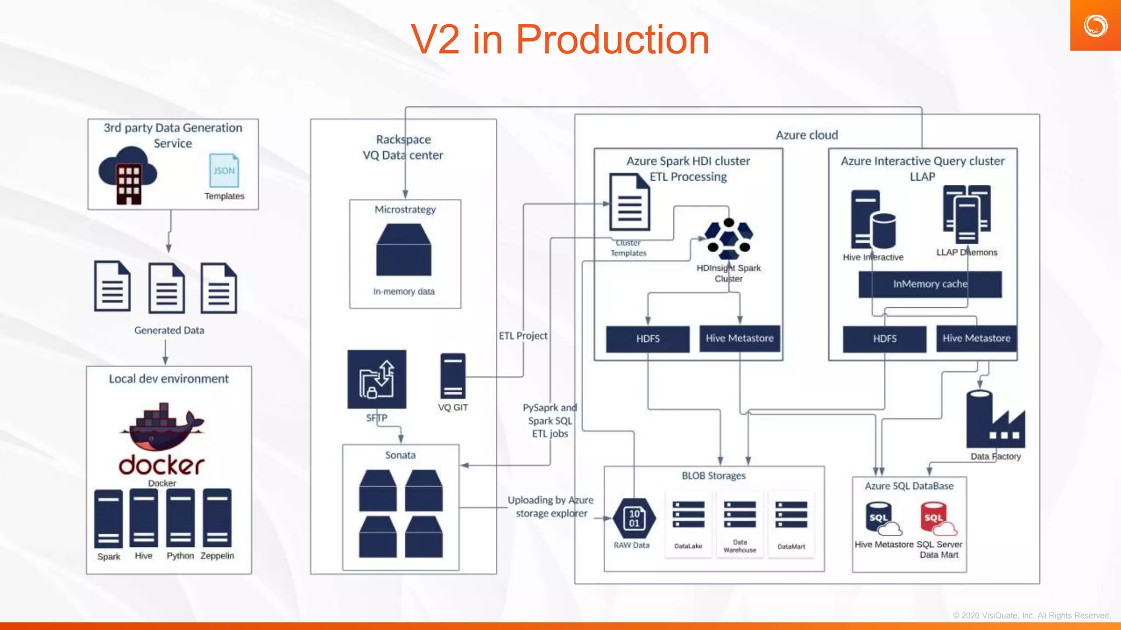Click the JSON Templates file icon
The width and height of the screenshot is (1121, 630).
(x=224, y=171)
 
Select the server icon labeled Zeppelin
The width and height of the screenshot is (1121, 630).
(x=217, y=518)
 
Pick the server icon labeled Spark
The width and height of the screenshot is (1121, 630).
(x=108, y=519)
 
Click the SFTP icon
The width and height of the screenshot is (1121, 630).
(x=377, y=380)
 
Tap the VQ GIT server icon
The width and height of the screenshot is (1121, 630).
(x=453, y=376)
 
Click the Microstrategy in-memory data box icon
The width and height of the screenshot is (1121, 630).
(x=404, y=250)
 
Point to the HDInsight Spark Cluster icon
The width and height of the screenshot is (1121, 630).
(x=729, y=239)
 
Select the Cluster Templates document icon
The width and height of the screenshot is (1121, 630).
(x=629, y=202)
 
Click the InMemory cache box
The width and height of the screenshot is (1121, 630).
(x=930, y=284)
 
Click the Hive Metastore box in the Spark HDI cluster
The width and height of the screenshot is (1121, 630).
(x=739, y=339)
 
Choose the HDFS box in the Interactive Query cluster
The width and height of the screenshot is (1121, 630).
(x=885, y=339)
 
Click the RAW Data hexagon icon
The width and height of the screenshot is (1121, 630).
(x=634, y=518)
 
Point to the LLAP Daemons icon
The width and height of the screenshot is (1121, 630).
(x=967, y=214)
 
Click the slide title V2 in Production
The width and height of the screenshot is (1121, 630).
(x=560, y=40)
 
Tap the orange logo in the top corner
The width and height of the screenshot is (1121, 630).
(x=1095, y=26)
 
